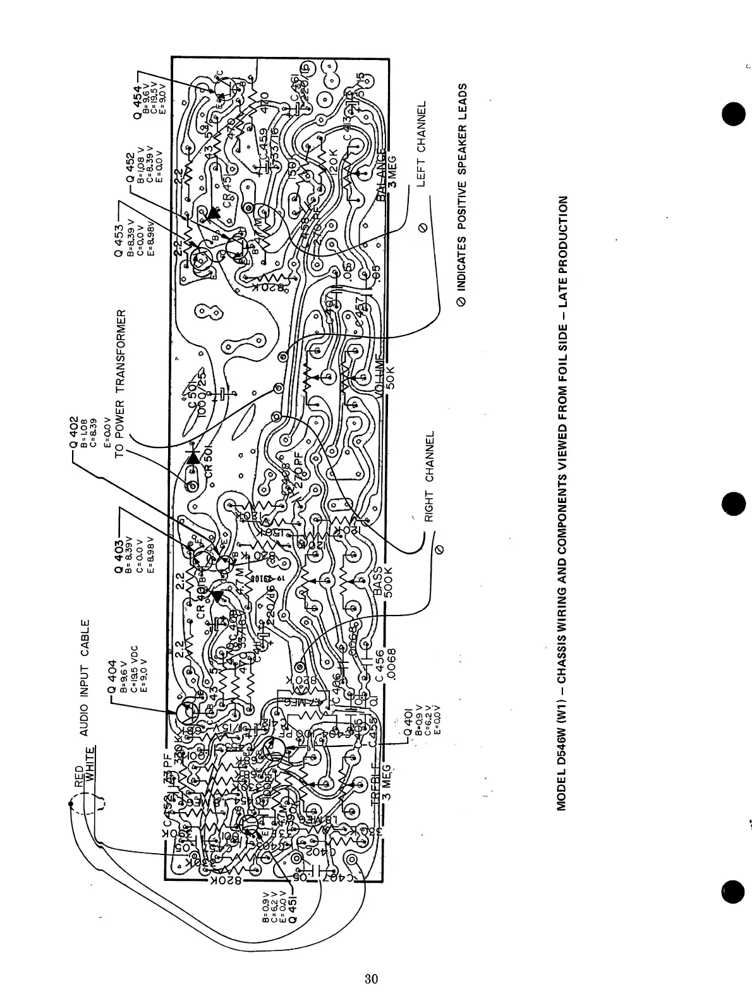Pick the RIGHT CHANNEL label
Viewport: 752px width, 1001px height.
coord(429,477)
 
